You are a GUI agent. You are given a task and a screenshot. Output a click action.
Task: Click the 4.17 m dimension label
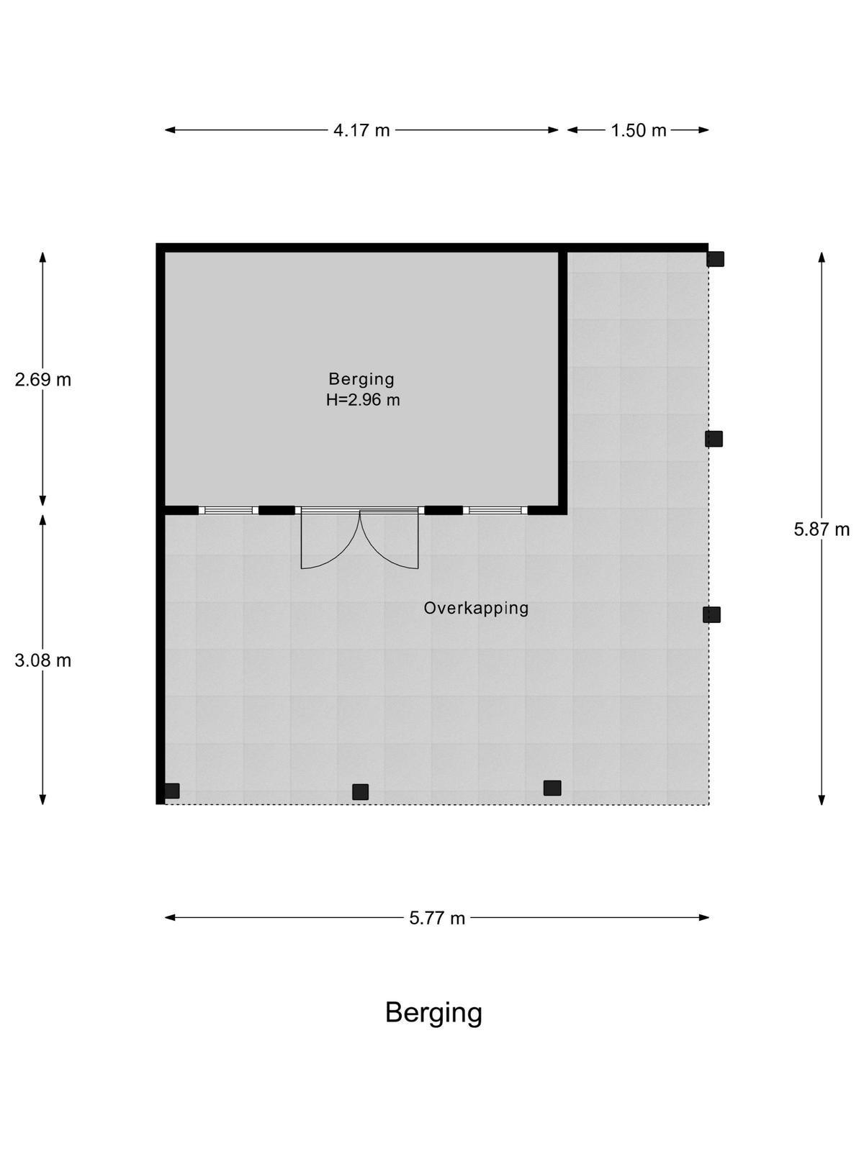point(361,130)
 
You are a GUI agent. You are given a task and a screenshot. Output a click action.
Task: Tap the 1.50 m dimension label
point(638,130)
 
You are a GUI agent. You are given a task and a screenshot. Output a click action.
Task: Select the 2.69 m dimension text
point(43,380)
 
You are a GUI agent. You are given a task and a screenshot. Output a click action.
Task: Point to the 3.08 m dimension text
point(43,660)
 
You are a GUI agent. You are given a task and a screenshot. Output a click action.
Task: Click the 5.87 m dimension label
point(822,529)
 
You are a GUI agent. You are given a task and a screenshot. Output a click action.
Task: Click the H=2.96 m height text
point(362,400)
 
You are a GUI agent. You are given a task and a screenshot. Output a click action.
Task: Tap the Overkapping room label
point(476,609)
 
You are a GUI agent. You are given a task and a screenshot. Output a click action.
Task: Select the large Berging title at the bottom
point(434,1013)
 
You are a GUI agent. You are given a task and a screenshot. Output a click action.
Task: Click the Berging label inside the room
point(361,379)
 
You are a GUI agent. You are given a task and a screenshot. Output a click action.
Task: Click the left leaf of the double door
point(330,540)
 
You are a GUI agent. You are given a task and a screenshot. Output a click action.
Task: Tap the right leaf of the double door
point(390,540)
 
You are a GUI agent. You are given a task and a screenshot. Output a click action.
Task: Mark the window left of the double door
point(229,510)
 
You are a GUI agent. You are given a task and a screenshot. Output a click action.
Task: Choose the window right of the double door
point(495,510)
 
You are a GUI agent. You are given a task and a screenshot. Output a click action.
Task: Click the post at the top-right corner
point(716,259)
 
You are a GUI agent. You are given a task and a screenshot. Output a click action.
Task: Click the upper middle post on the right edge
point(714,439)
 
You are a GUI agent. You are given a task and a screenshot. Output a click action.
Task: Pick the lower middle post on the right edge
point(712,614)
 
